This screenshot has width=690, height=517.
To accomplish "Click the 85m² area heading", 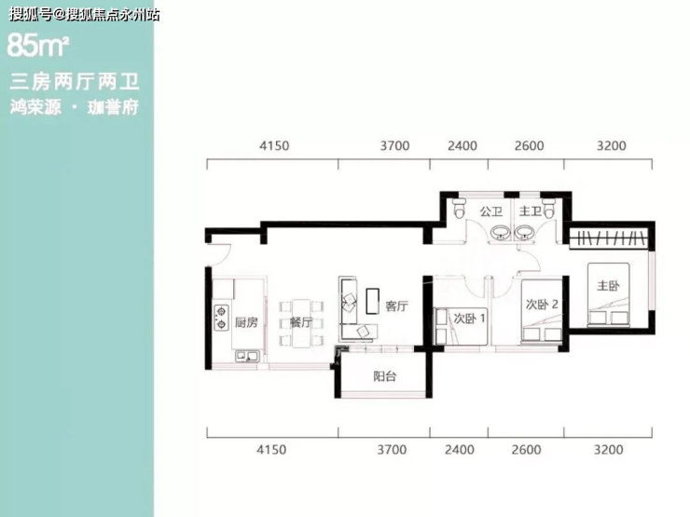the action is point(38,46).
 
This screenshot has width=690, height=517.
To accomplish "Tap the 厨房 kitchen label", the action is point(246,322).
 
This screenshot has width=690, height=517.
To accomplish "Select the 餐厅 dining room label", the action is point(301,322).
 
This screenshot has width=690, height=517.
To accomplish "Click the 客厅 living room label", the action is point(396,306).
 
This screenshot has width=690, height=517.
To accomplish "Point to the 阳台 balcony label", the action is point(384,376).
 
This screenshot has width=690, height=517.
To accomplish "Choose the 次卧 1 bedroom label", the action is point(470,318).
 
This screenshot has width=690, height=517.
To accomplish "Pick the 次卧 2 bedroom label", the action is point(542,305).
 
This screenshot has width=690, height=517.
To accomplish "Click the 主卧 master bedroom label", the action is point(608,286).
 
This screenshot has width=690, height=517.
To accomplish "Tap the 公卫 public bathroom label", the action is point(491,211).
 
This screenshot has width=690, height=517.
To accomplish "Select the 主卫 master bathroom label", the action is point(531,211).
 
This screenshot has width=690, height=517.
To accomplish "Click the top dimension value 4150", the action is point(274,145).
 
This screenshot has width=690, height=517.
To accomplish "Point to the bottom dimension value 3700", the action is point(392,450).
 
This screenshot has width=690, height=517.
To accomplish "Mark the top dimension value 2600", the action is point(529,145).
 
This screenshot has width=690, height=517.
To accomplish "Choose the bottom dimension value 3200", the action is point(608,450).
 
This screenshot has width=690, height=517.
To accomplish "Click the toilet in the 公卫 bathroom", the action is point(459,208).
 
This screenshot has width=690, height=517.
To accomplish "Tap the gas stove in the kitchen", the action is point(221,318).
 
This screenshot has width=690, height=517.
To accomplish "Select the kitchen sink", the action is point(247,356).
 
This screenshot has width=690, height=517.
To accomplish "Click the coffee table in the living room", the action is point(372,301).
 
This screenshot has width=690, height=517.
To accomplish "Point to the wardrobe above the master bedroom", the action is point(609,238).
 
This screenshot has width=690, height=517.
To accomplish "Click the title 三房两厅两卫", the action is point(74,82).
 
